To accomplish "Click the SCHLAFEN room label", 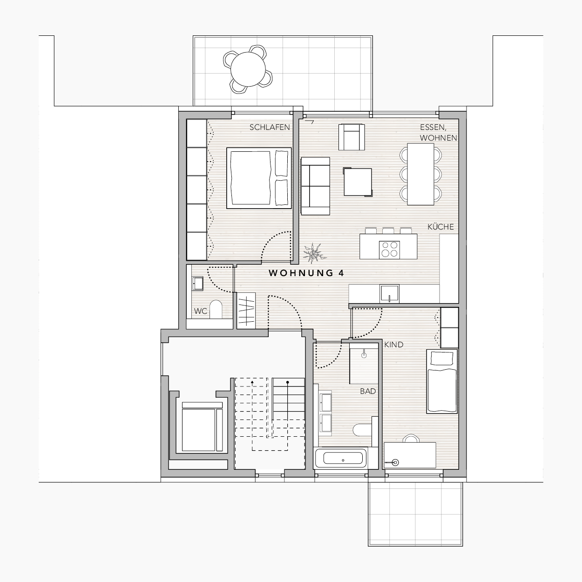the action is pyautogui.click(x=270, y=128).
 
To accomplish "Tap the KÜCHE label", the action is pyautogui.click(x=440, y=227).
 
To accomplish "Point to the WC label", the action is pyautogui.click(x=201, y=311).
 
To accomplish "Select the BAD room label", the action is pyautogui.click(x=368, y=392).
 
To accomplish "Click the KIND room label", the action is pyautogui.click(x=393, y=345).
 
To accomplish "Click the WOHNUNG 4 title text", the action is pyautogui.click(x=306, y=273).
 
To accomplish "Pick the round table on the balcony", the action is pyautogui.click(x=248, y=69).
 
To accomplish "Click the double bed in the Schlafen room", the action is pyautogui.click(x=259, y=178).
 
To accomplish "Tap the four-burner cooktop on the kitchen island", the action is pyautogui.click(x=389, y=250).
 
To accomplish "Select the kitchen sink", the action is pyautogui.click(x=390, y=293).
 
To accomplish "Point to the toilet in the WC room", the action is pyautogui.click(x=216, y=309).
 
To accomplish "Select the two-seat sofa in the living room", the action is pyautogui.click(x=315, y=186).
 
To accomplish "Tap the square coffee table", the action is pyautogui.click(x=358, y=182).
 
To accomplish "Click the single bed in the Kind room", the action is pyautogui.click(x=441, y=381).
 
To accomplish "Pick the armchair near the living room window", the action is pyautogui.click(x=351, y=137).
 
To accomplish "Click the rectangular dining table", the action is pyautogui.click(x=420, y=174).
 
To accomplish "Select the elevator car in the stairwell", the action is pyautogui.click(x=202, y=427).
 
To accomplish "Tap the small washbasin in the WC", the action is pyautogui.click(x=197, y=284).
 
